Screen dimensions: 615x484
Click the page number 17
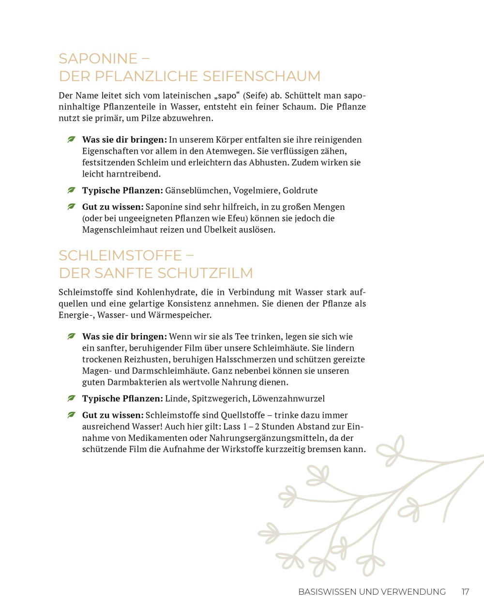point(465,592)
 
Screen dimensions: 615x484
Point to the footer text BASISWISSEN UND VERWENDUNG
point(372,592)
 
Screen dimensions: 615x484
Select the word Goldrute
point(300,190)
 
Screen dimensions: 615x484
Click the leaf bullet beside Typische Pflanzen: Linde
point(72,398)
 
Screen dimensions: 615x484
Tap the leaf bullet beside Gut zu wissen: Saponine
point(72,206)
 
